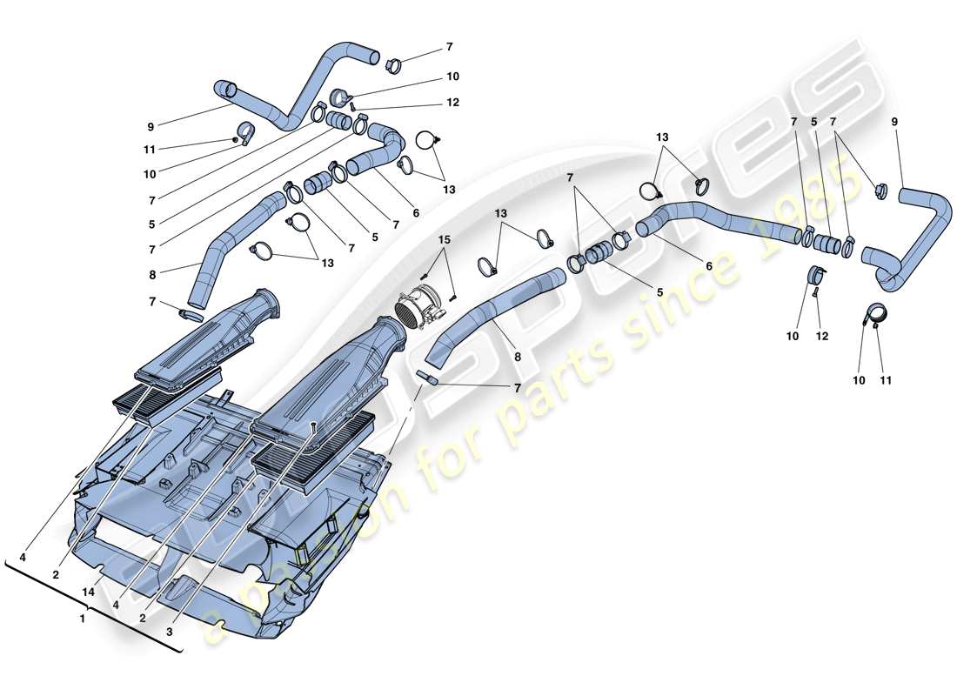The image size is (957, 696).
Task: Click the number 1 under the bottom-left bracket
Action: click(x=82, y=619)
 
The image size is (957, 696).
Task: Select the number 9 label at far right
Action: click(x=894, y=122)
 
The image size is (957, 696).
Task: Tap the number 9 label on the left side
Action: click(x=151, y=126)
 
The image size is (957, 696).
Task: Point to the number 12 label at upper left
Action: click(x=452, y=103)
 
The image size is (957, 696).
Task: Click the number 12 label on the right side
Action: click(x=822, y=336)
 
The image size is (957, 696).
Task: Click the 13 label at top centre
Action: click(x=663, y=137)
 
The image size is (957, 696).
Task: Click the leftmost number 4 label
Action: click(x=23, y=556)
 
